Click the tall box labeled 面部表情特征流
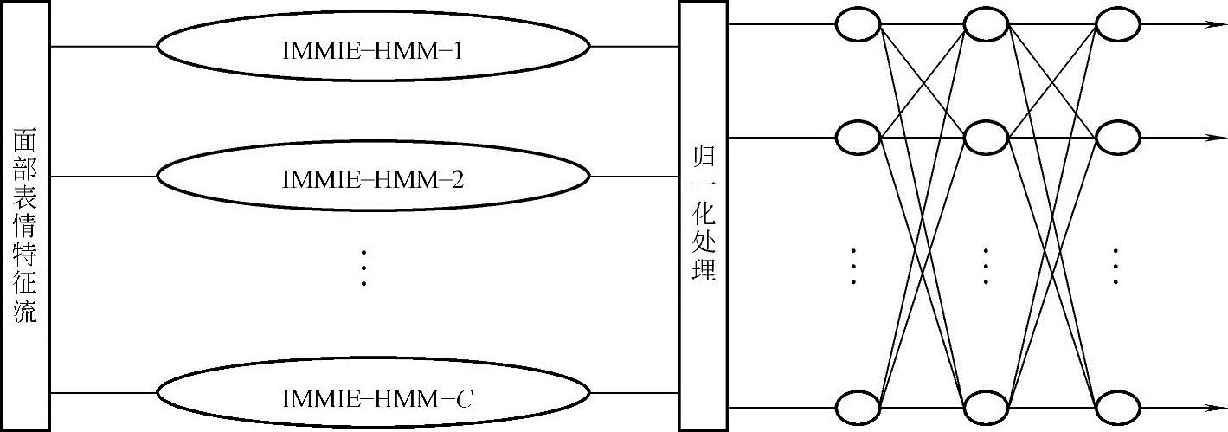(25, 216)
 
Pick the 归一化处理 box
(703, 216)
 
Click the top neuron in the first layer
(858, 24)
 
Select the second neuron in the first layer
(858, 137)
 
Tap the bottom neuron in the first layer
(858, 407)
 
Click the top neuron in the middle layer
(987, 24)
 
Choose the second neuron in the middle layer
(987, 137)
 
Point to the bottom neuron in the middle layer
(987, 407)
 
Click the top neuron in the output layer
(1117, 24)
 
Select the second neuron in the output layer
(1117, 137)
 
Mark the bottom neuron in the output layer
(1117, 407)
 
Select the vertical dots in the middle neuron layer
(987, 267)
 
